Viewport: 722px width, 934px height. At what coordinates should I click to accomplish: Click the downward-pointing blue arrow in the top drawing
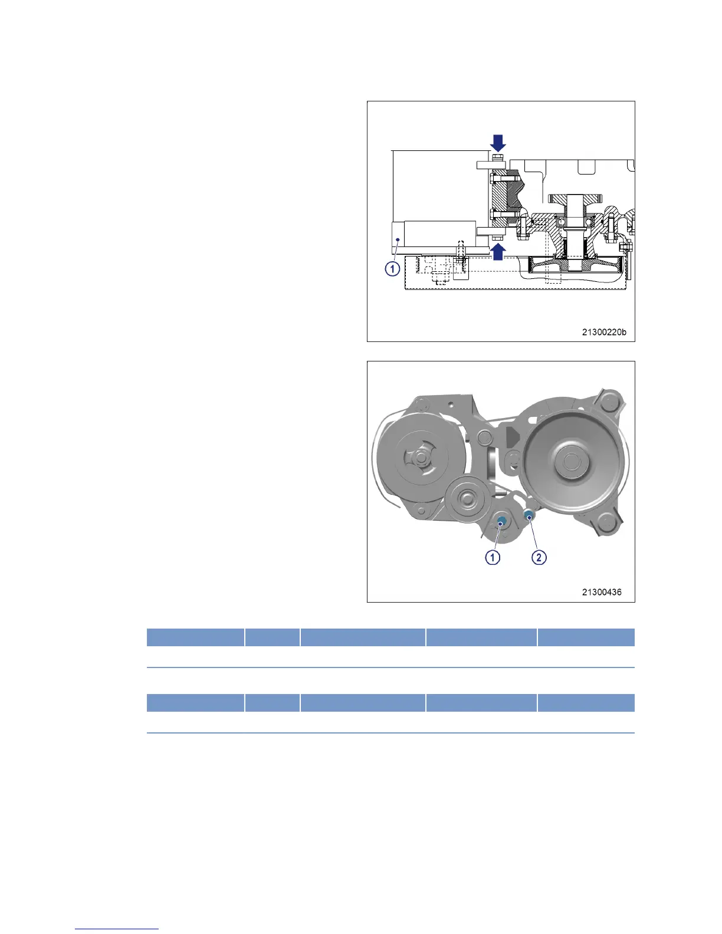click(x=498, y=142)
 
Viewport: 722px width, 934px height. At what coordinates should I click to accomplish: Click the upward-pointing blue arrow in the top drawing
click(x=498, y=252)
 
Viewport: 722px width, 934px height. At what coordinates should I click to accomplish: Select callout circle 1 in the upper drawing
click(x=392, y=269)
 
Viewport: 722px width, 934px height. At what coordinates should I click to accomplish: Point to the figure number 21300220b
click(x=604, y=332)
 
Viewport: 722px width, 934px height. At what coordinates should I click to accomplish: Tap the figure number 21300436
click(x=602, y=592)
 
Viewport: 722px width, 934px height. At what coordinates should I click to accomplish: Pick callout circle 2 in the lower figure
click(x=539, y=557)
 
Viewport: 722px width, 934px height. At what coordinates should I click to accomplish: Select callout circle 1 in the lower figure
click(x=493, y=557)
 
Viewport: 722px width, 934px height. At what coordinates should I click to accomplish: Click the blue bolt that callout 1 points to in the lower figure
click(x=501, y=521)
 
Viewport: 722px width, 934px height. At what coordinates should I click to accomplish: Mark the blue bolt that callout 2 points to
click(x=529, y=514)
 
